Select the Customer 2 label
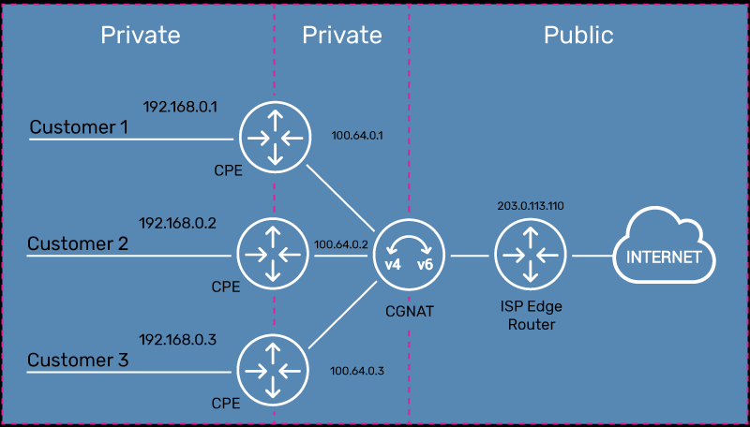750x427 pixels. [x=77, y=243]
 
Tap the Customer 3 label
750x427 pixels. [x=77, y=360]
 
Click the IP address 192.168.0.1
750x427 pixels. [x=180, y=107]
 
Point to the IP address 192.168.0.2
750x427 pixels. [x=178, y=223]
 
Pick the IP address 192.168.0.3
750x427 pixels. [x=178, y=340]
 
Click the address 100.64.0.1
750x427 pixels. [x=358, y=135]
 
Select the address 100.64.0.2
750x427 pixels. [x=341, y=244]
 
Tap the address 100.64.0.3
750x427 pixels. [x=357, y=371]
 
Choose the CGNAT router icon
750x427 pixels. [x=409, y=255]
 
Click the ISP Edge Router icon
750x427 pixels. [x=532, y=255]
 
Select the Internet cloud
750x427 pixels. [x=663, y=255]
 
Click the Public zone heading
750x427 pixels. [x=578, y=36]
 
